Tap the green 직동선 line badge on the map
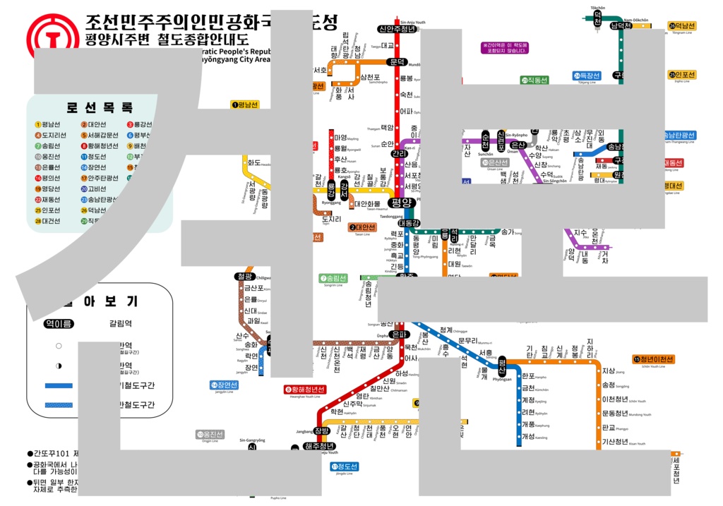point(535,80)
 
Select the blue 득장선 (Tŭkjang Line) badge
point(586,76)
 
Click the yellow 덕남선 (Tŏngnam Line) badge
point(681,26)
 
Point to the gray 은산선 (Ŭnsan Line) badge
point(495,162)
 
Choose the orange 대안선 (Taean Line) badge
point(362,227)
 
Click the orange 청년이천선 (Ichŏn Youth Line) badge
point(654,359)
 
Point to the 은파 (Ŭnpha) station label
point(399,334)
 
